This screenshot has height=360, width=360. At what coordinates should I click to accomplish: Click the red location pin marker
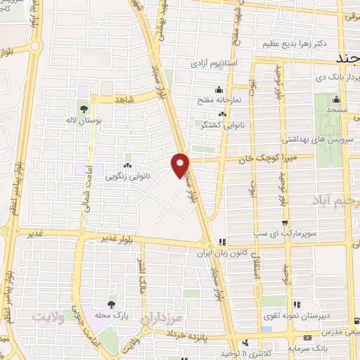[x=181, y=164]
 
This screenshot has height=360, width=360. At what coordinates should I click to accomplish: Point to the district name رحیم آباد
[x=330, y=201]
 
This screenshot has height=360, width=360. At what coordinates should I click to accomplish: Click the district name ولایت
[x=51, y=317]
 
